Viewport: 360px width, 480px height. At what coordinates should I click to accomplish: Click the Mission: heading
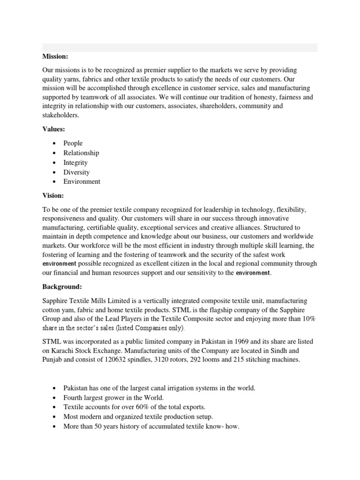pyautogui.click(x=55, y=57)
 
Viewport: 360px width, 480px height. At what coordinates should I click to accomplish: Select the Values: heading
pyautogui.click(x=54, y=129)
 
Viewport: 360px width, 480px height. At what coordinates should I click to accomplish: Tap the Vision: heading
pyautogui.click(x=53, y=195)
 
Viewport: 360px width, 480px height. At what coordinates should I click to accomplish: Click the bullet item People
pyautogui.click(x=73, y=143)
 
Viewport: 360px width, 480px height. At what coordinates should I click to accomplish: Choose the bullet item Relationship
pyautogui.click(x=82, y=153)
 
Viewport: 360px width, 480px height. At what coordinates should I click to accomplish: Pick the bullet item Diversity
pyautogui.click(x=76, y=172)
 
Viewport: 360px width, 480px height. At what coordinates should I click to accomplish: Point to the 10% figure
pyautogui.click(x=307, y=319)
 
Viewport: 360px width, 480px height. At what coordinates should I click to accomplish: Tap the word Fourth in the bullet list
pyautogui.click(x=74, y=397)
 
